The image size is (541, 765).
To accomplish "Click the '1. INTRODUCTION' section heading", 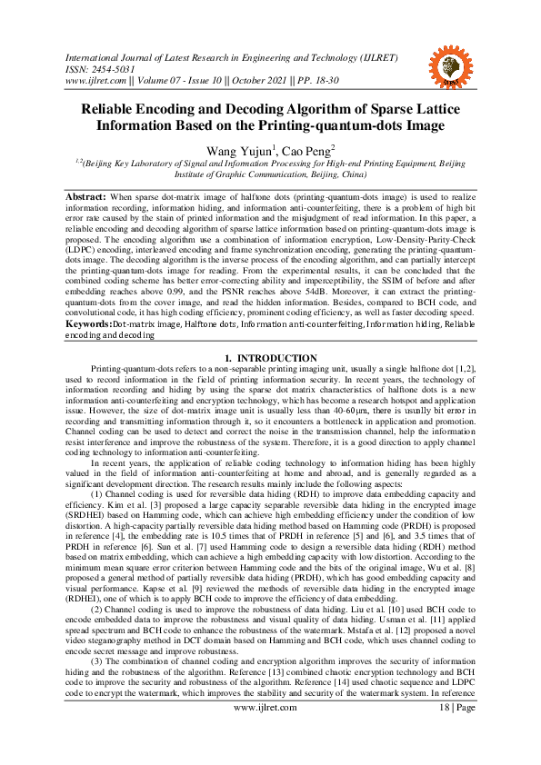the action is pos(270,333).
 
